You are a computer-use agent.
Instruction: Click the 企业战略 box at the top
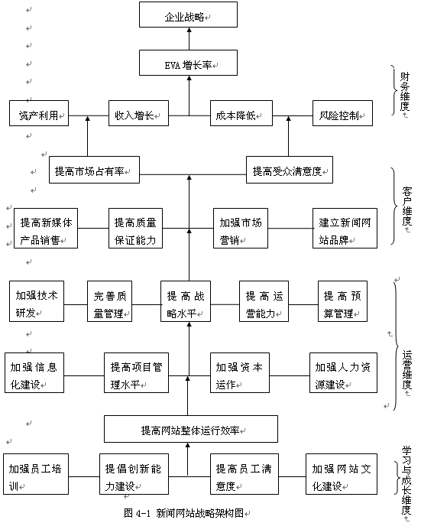click(x=188, y=16)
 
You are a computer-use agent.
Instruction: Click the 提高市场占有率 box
click(x=93, y=170)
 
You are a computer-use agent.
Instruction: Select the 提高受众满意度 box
click(x=290, y=170)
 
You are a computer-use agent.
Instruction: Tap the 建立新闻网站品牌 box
click(x=345, y=228)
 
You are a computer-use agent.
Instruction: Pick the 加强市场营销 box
click(x=242, y=228)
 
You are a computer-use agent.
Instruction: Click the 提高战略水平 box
click(x=188, y=304)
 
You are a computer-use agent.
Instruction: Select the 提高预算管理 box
click(x=348, y=304)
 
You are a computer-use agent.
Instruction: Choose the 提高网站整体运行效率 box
click(x=190, y=429)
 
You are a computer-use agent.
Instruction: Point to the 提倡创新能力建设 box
click(x=134, y=476)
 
